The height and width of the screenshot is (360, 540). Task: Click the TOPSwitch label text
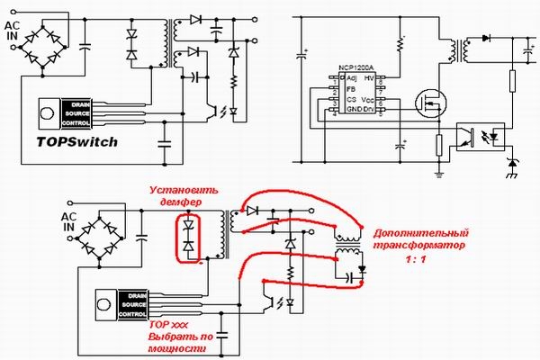click(77, 141)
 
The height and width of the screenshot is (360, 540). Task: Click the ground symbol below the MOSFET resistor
click(438, 168)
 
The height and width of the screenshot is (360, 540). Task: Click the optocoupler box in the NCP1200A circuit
click(479, 136)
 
